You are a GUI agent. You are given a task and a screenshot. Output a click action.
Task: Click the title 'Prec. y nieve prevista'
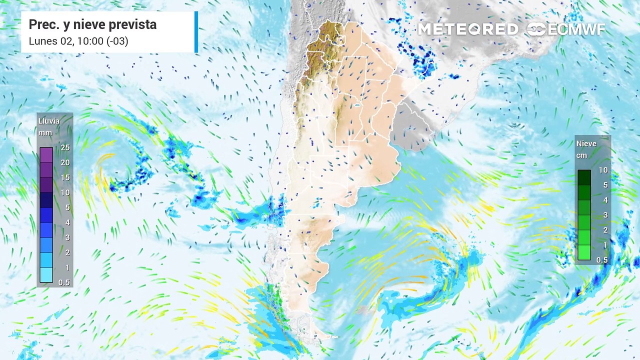[92, 24]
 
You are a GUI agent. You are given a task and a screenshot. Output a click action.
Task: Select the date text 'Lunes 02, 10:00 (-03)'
[78, 41]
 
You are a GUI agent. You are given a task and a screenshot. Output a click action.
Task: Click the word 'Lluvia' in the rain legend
[48, 121]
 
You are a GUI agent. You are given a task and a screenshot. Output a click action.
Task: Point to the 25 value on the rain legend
[65, 147]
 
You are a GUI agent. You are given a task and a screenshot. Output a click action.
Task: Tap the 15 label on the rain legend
[65, 177]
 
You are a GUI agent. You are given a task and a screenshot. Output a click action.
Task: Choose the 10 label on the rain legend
[65, 192]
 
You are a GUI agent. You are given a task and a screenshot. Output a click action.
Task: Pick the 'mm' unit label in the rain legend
[45, 133]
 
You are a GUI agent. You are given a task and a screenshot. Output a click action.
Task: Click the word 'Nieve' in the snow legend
[586, 143]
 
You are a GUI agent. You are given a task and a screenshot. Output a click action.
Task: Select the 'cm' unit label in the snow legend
[581, 155]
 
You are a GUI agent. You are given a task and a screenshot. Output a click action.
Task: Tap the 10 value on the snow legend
[603, 170]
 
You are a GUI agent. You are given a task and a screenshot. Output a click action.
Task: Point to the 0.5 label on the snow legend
[602, 260]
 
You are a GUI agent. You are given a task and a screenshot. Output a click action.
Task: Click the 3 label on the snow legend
[603, 215]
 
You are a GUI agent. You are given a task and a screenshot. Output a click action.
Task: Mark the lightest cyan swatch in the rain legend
[46, 275]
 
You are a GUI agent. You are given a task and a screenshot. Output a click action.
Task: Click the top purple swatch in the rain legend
[46, 155]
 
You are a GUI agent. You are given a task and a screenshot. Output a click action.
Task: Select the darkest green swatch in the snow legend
[584, 177]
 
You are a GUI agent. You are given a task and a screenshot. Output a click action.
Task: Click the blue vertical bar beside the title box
[196, 32]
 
